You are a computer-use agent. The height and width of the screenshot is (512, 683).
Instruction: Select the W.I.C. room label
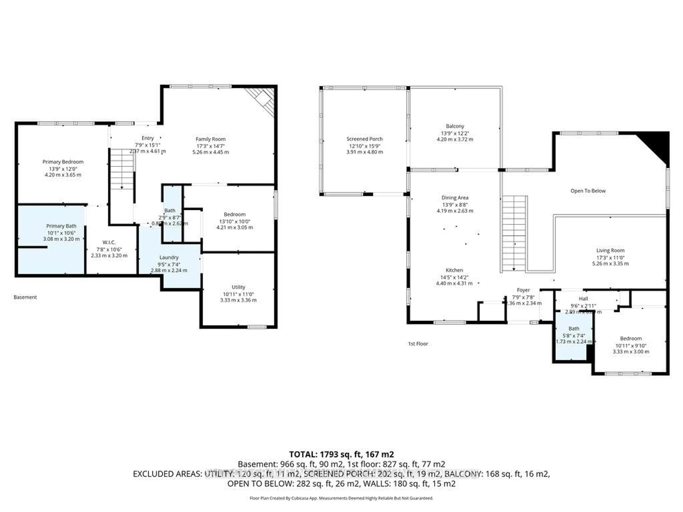pos(109,242)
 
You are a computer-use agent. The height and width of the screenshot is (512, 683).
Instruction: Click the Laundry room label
pos(169,257)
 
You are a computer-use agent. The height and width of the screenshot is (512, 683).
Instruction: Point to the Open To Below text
pos(588,191)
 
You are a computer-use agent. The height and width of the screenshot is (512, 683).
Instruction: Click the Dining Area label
pos(455,198)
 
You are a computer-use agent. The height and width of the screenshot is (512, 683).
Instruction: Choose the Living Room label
pos(610,250)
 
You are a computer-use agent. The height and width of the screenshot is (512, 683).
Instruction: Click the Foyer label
pos(523,290)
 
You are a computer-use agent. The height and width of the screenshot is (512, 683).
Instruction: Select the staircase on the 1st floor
pos(514,233)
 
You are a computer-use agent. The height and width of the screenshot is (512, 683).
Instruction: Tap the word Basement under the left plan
pos(25,297)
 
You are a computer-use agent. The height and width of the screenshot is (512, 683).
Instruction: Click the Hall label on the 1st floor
pos(583,298)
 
